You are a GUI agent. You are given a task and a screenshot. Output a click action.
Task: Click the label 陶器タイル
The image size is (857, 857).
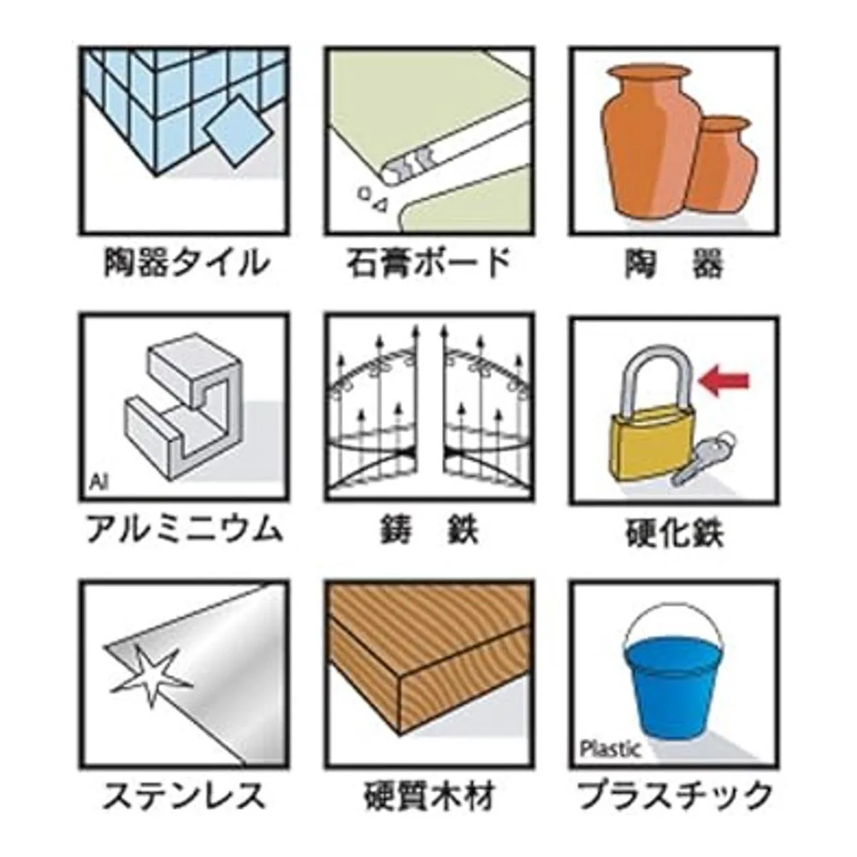(185, 264)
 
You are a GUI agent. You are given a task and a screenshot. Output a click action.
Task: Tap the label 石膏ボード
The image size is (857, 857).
(428, 263)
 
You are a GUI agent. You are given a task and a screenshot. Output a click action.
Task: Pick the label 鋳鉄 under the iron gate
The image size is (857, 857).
(429, 530)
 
